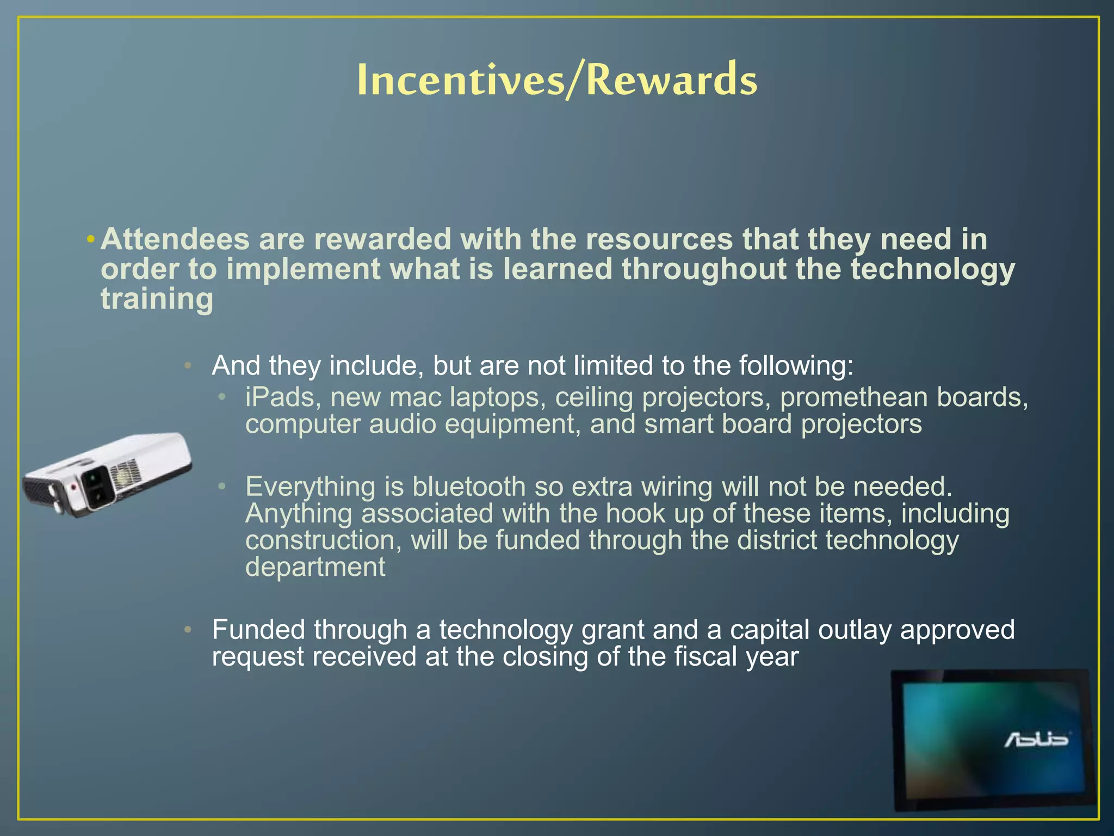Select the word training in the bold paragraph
157,299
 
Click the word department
315,568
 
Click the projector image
109,474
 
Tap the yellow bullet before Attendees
91,239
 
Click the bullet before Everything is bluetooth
222,485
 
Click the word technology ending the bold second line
932,269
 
